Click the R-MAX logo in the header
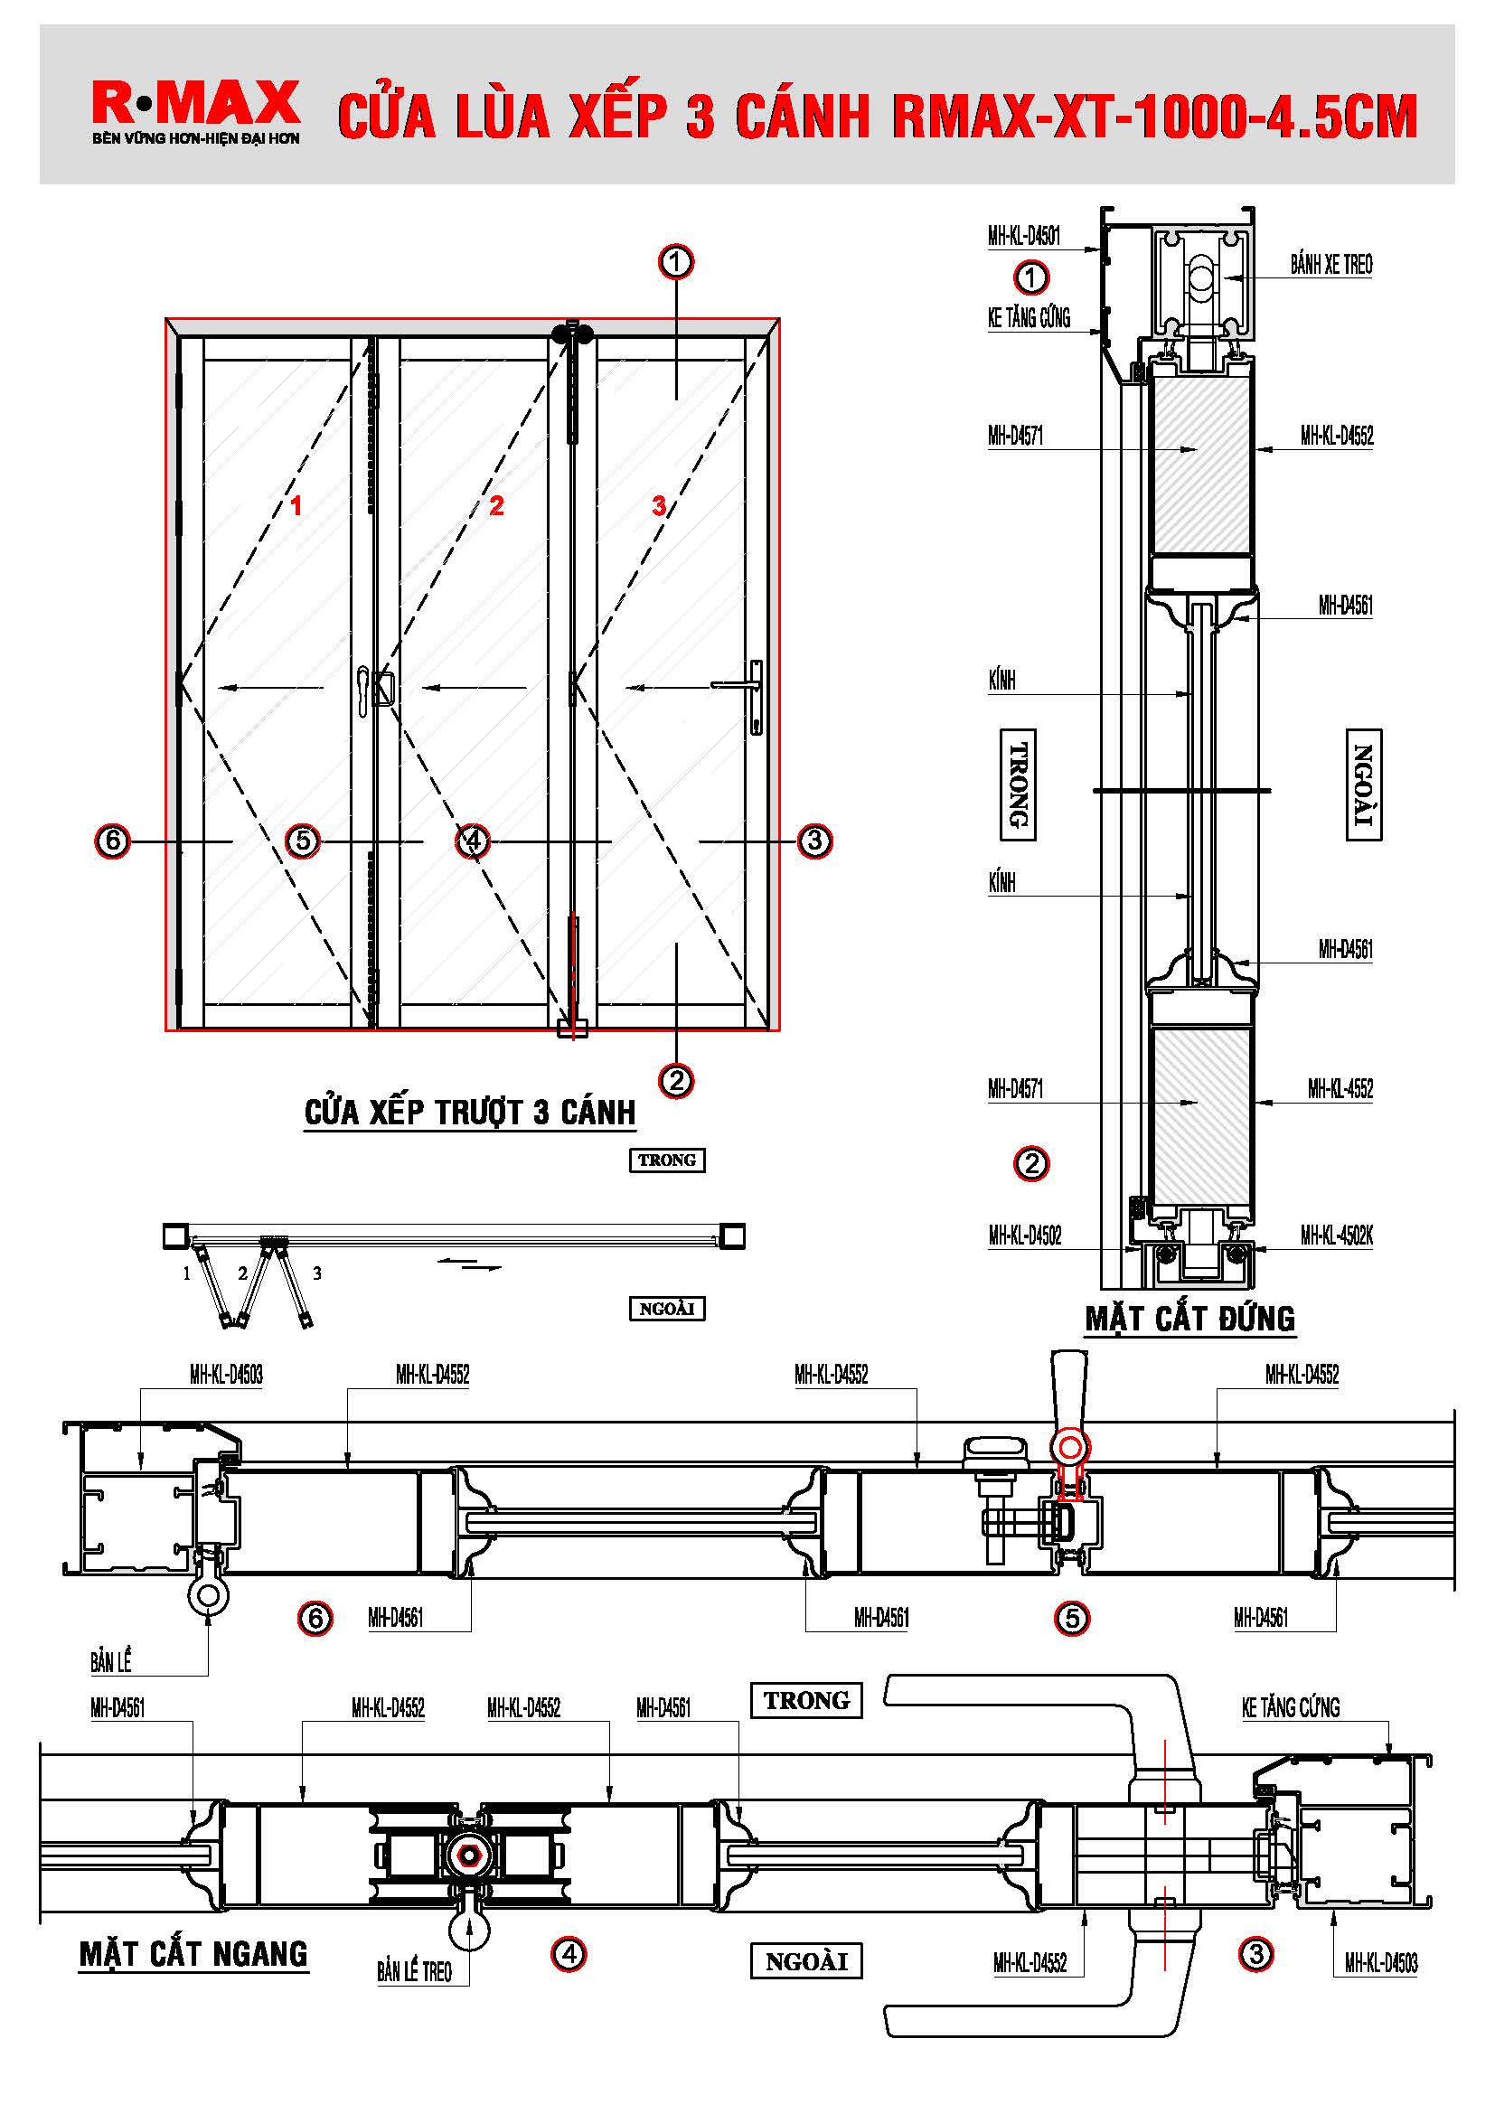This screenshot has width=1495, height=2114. [x=195, y=103]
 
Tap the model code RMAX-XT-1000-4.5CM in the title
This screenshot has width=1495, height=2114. [x=1154, y=117]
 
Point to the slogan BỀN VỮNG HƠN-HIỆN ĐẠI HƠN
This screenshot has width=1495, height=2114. [x=195, y=139]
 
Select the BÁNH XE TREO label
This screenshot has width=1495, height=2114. [x=1330, y=265]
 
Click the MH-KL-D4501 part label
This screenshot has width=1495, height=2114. [x=1024, y=236]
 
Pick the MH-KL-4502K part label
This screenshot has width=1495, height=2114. [x=1336, y=1236]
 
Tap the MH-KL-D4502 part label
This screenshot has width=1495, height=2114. [x=1025, y=1236]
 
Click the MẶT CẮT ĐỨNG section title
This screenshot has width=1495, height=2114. [x=1189, y=1319]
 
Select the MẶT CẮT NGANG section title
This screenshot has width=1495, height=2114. [x=193, y=1954]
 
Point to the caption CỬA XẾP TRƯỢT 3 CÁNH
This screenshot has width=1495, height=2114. [x=469, y=1113]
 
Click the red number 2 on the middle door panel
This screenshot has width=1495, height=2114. [x=497, y=505]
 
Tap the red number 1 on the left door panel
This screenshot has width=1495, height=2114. [x=296, y=505]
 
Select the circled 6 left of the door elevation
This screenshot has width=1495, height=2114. [x=112, y=841]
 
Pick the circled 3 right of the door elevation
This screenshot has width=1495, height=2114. [x=814, y=841]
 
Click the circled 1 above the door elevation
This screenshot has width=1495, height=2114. [x=676, y=262]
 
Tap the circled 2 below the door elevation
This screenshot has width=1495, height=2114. [x=677, y=1080]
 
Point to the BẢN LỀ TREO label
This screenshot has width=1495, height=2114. [x=414, y=1970]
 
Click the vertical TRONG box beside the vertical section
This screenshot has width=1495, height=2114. [x=1017, y=785]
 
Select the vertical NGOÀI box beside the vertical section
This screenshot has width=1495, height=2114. [x=1364, y=785]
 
